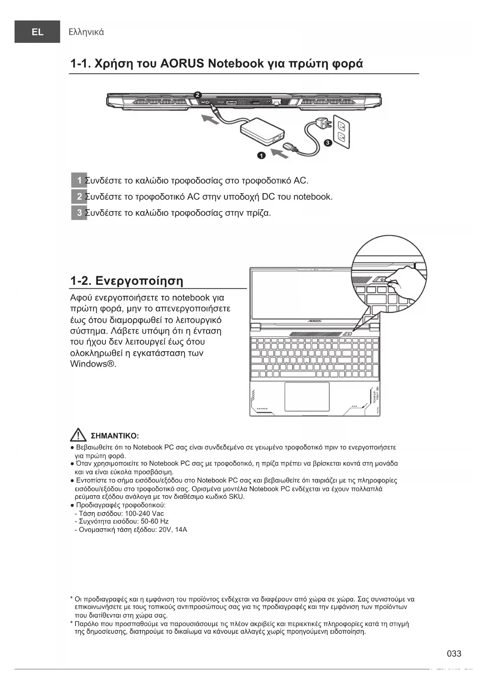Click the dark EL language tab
(37, 32)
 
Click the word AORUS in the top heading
(182, 63)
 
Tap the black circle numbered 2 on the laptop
(198, 95)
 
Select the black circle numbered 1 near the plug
(261, 155)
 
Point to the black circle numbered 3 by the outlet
(327, 143)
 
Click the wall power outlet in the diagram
(341, 131)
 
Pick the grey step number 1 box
(79, 181)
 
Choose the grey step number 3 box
(79, 213)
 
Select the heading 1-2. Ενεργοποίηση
(127, 281)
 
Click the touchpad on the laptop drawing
(307, 396)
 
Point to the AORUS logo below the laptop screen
(314, 321)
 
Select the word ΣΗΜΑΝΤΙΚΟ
(114, 436)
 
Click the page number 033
(454, 653)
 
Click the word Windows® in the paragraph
(93, 364)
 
